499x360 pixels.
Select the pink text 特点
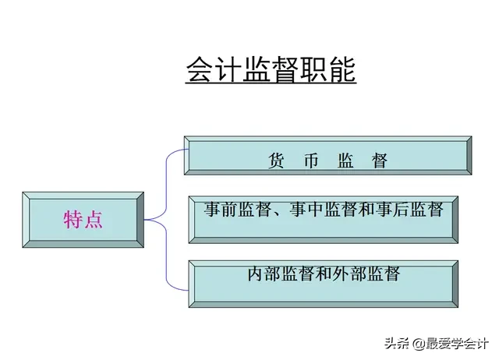[83, 220]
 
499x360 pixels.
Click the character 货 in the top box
[275, 161]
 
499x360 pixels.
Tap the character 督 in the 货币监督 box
[380, 161]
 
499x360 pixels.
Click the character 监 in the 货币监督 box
[345, 161]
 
